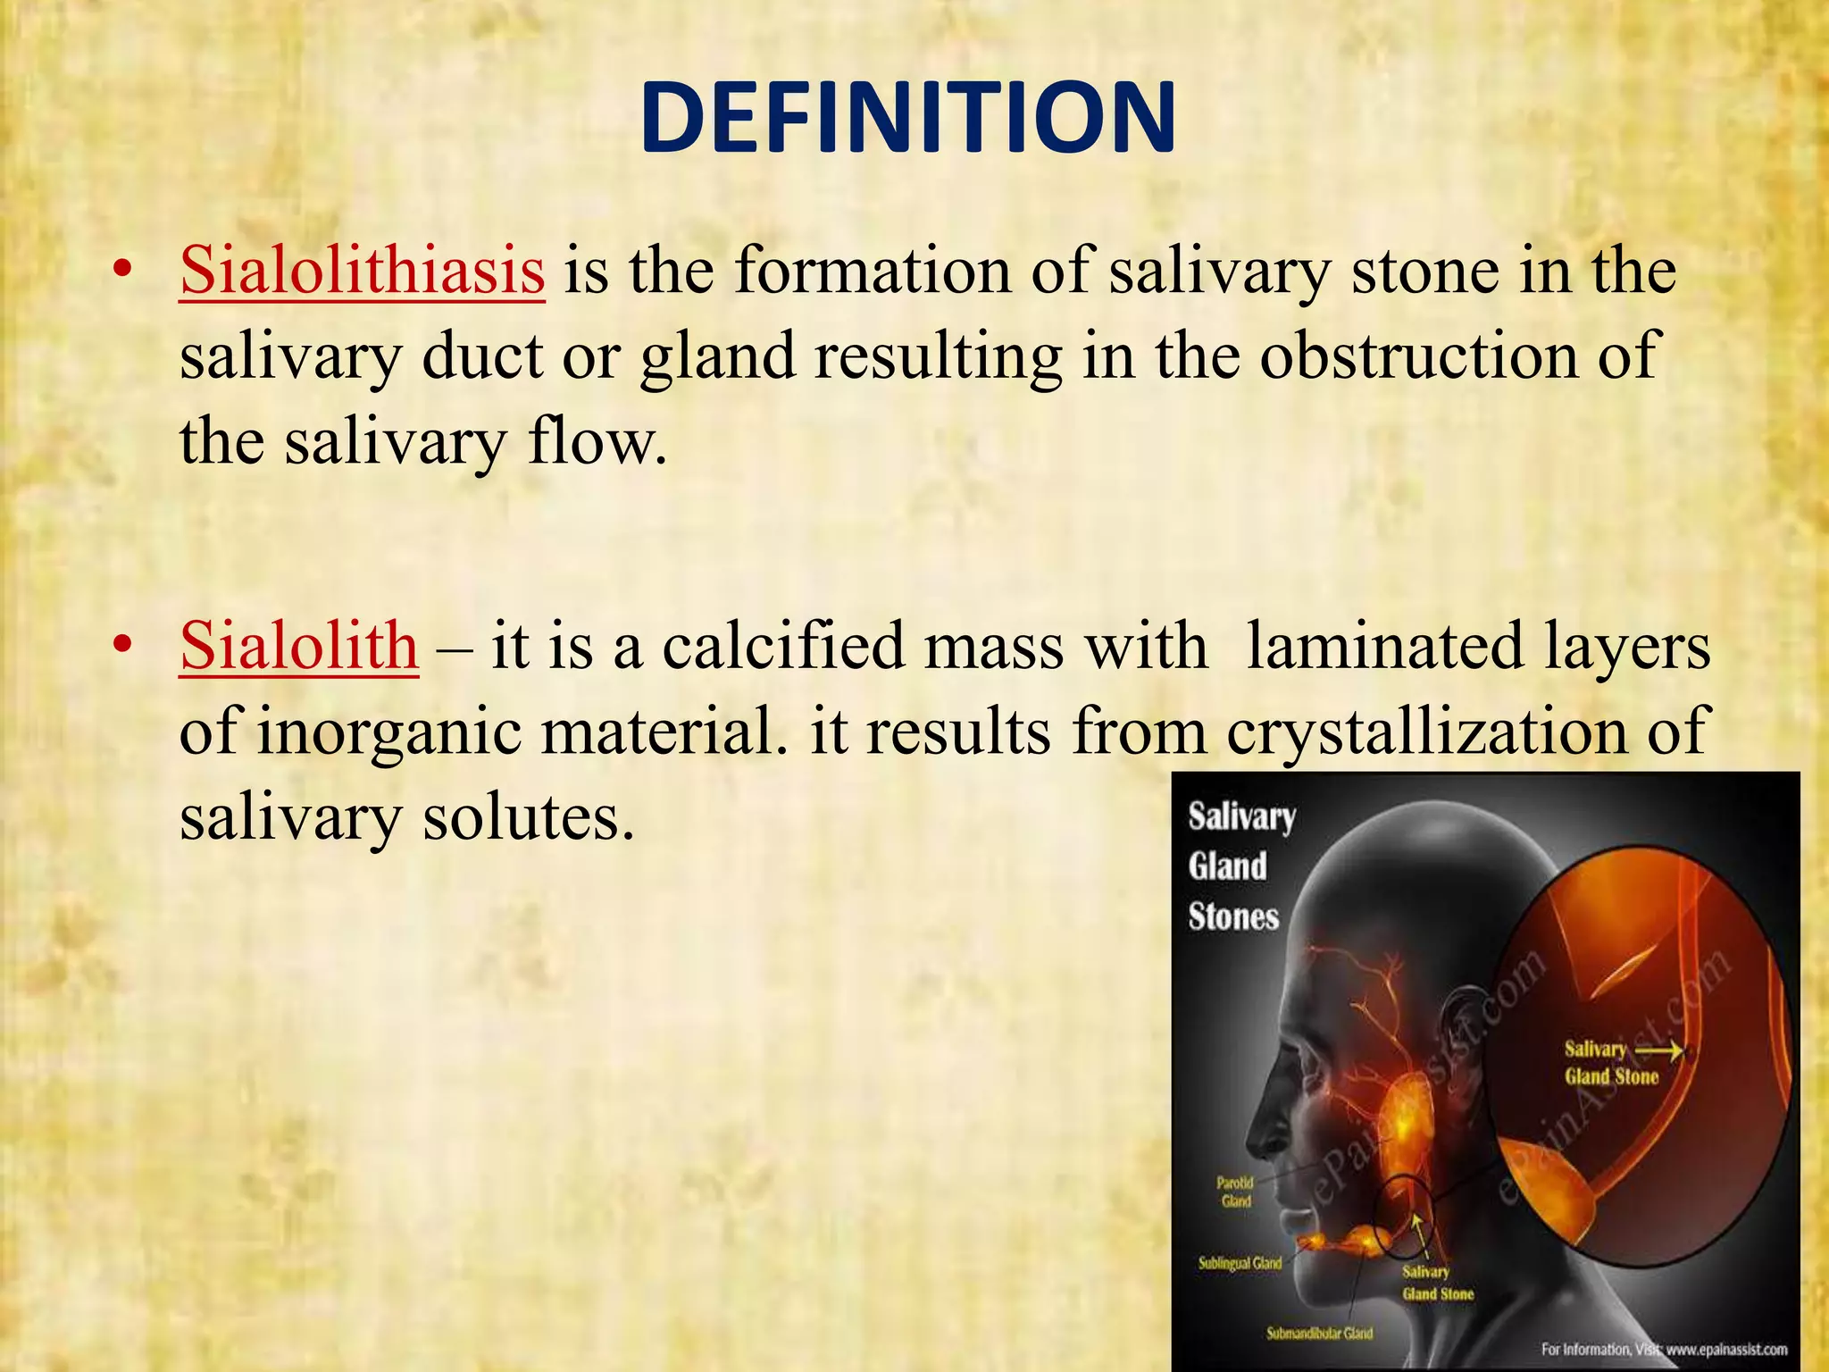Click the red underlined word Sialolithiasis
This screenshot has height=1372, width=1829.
[362, 270]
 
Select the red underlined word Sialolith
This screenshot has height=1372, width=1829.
[298, 645]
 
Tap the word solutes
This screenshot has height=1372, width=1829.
[528, 816]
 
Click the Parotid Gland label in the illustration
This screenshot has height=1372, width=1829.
[1235, 1192]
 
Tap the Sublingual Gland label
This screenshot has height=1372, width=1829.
[1240, 1263]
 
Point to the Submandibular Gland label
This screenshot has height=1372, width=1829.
[1319, 1334]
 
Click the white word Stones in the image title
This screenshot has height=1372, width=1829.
[1232, 916]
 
